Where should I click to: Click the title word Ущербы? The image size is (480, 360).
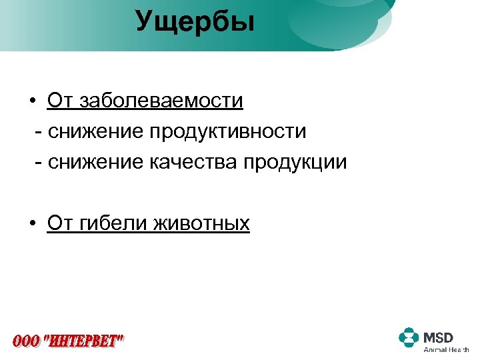coord(195,21)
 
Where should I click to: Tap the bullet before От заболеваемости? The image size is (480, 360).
coord(32,101)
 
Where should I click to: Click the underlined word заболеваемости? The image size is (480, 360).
coord(161,101)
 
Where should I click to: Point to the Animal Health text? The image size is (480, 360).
coord(446,349)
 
